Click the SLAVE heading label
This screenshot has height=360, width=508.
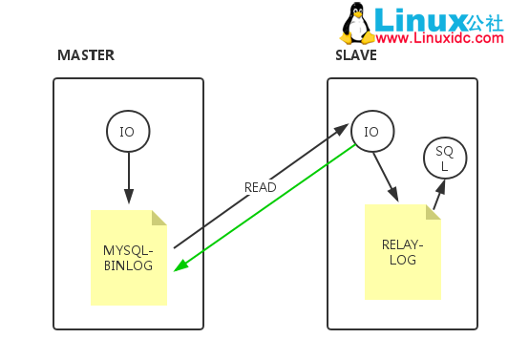355,54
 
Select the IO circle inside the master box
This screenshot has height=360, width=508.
128,131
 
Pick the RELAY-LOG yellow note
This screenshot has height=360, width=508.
402,251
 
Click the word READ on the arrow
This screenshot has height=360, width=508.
260,187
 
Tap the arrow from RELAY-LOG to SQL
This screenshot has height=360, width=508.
437,196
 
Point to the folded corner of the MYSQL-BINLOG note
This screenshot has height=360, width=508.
159,218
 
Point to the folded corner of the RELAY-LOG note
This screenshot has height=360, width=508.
433,211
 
